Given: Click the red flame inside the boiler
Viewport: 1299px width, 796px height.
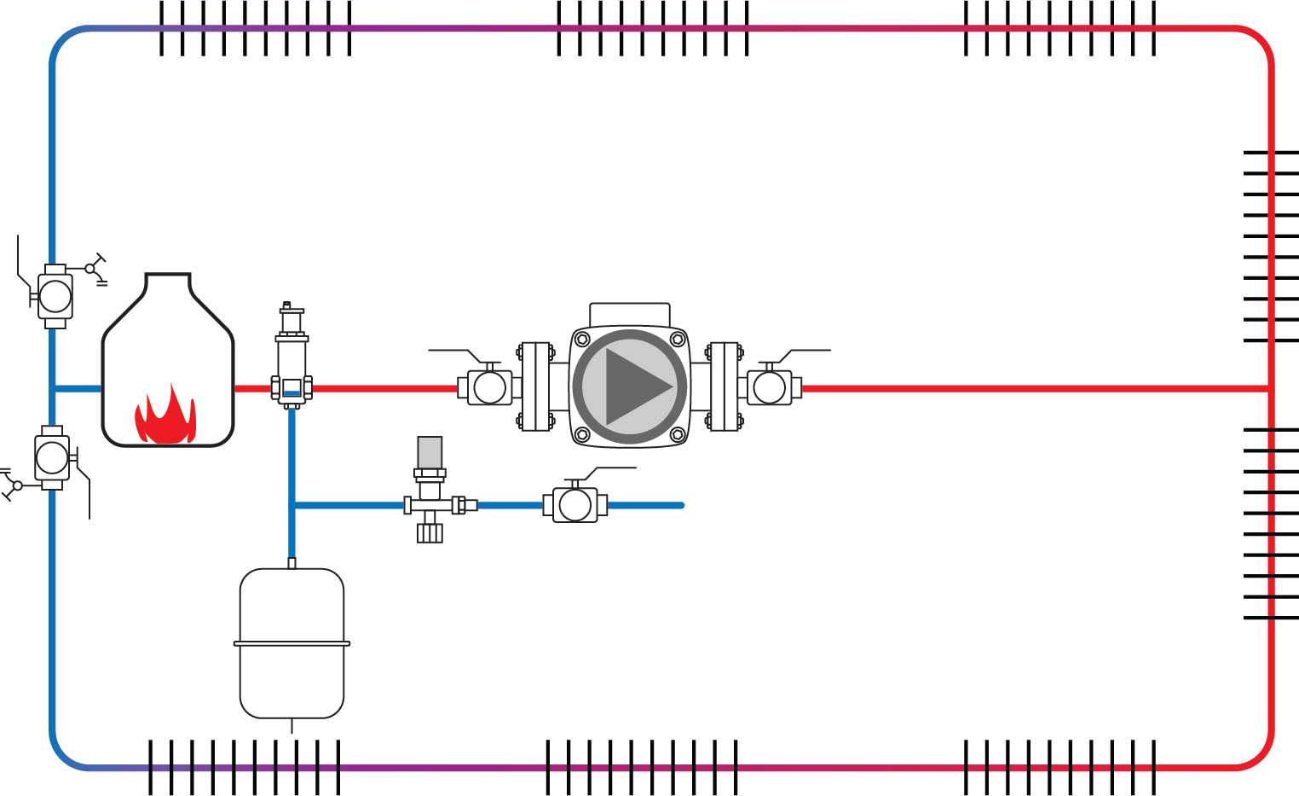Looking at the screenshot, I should tap(165, 416).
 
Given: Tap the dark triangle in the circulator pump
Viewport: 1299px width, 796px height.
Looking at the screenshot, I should tap(634, 386).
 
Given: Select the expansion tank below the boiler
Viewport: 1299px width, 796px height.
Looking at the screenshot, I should tap(292, 644).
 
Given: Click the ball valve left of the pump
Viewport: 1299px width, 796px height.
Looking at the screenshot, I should tap(488, 387).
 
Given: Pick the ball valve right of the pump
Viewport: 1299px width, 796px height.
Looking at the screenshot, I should tap(770, 387).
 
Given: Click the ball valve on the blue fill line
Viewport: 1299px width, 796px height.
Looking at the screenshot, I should tap(575, 505).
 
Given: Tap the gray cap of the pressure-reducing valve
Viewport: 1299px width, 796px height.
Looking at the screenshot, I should tap(430, 452).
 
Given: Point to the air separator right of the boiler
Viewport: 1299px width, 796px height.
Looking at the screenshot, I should tap(292, 358).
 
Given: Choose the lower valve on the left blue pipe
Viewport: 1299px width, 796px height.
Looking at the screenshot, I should tap(52, 457).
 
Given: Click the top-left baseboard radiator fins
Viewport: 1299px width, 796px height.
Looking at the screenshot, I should tap(255, 28).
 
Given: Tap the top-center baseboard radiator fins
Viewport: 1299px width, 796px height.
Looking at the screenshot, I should tap(652, 28).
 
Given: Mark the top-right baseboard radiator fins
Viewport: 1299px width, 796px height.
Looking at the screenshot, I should tap(1059, 28).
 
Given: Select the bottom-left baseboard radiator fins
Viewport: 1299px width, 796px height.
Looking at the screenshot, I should tap(244, 767).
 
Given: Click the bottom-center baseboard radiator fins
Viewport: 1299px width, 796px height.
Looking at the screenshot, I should tap(641, 767).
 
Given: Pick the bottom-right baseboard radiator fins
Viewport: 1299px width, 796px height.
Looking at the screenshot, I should tap(1059, 767).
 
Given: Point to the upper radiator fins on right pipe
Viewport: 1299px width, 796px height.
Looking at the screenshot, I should tap(1271, 246).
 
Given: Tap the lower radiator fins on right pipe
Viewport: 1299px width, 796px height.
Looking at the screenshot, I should tap(1271, 523).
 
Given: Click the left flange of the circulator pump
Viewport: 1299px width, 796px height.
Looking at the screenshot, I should tap(535, 386).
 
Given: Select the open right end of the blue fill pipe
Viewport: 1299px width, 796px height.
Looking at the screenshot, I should tap(681, 505).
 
